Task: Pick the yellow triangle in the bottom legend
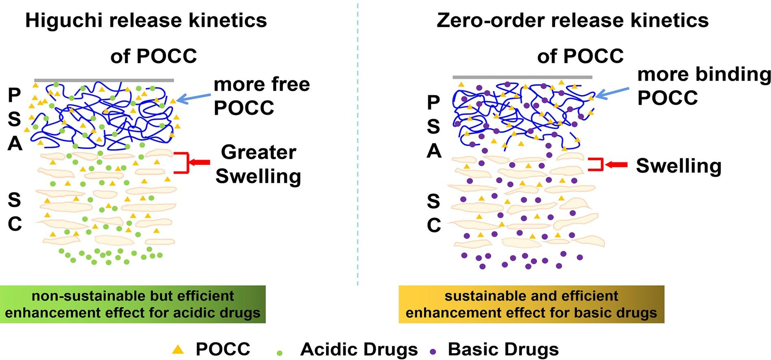coord(178,349)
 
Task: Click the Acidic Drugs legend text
coord(359,349)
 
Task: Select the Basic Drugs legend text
coord(503,349)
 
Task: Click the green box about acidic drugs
coord(132,304)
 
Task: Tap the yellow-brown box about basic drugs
coord(531,304)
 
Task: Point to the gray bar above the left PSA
coord(104,80)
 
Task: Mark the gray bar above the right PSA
coord(522,77)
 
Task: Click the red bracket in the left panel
coord(182,163)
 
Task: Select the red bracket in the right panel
coord(595,165)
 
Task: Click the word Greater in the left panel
coord(258,153)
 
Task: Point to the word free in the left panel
coord(290,85)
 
